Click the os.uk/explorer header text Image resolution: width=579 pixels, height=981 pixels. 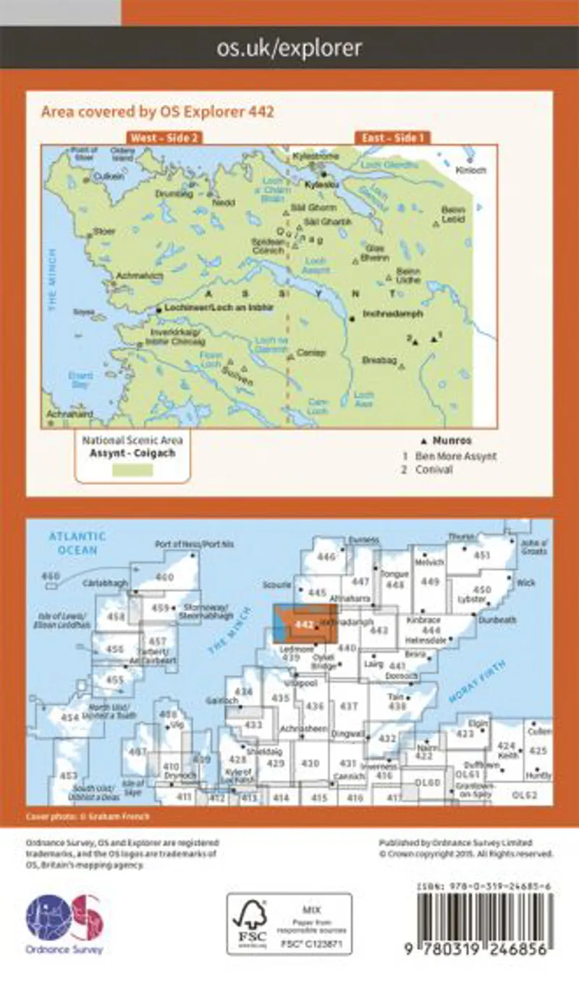(x=289, y=49)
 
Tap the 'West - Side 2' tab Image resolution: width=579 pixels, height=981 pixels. (x=164, y=138)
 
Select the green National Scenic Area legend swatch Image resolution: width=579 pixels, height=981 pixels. (x=132, y=471)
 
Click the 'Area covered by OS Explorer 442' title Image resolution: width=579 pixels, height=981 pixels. (x=157, y=111)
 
